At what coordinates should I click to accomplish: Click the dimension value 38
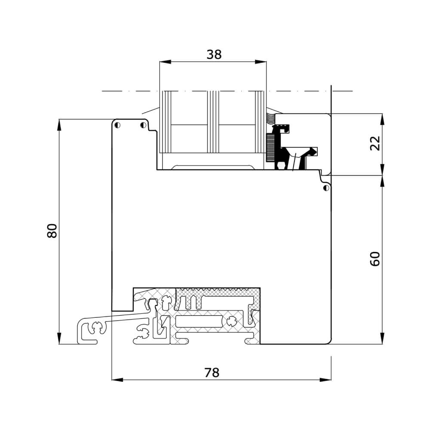click(214, 55)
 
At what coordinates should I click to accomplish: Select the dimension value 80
click(52, 231)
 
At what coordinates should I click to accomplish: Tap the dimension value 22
click(375, 143)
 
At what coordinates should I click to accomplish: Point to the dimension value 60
click(375, 259)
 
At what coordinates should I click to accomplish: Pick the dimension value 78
click(212, 373)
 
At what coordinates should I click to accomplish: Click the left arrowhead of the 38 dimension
click(165, 61)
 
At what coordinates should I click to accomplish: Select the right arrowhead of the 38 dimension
click(261, 61)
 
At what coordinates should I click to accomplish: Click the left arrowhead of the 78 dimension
click(117, 380)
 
